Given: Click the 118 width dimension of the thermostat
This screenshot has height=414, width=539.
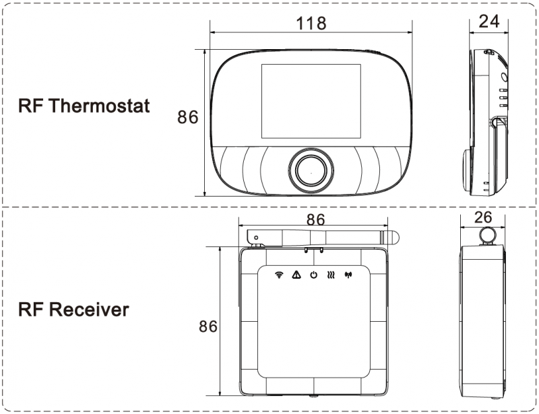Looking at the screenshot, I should click(311, 24).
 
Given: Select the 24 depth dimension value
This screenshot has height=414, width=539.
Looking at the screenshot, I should click(488, 22).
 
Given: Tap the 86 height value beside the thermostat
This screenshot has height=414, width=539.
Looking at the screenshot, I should click(188, 117).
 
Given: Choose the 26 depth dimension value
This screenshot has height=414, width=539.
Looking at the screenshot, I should click(482, 217).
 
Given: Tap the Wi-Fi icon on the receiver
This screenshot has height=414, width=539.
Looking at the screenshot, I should click(279, 275).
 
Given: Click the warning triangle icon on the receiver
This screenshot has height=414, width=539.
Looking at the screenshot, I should click(296, 275).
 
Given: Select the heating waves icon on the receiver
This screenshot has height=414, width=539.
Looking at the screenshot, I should click(331, 275).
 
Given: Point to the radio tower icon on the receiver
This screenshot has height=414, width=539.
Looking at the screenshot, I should click(348, 275).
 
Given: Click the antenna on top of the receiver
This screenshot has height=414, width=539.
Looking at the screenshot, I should click(323, 236).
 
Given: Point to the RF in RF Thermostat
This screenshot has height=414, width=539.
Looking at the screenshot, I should click(32, 106).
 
